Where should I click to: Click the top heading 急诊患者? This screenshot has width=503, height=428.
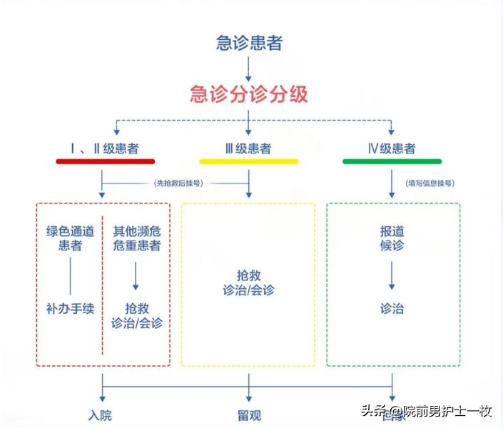(249, 43)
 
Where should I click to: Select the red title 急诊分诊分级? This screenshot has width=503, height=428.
(249, 93)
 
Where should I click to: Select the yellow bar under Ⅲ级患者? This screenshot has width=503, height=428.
(248, 162)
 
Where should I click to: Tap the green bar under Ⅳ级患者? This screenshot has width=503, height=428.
(392, 162)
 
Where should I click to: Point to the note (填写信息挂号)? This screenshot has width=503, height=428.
(430, 183)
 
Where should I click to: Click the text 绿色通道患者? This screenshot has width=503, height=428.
(70, 238)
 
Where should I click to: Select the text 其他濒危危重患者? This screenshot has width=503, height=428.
(137, 238)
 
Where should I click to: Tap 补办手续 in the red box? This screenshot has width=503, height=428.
(70, 308)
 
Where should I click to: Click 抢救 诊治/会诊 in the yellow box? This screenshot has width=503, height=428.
(248, 282)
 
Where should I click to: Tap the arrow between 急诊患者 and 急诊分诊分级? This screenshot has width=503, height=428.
(248, 68)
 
